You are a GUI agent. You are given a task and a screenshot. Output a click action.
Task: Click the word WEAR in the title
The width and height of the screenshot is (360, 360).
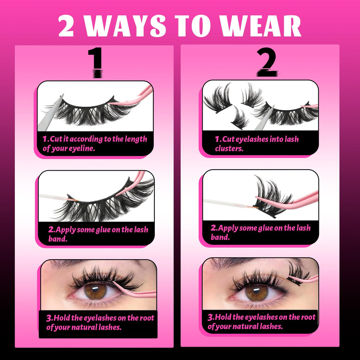point(260,26)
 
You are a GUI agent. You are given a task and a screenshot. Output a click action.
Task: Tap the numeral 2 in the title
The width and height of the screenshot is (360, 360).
point(66,26)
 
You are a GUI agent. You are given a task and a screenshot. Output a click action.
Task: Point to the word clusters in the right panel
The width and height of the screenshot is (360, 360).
point(229,148)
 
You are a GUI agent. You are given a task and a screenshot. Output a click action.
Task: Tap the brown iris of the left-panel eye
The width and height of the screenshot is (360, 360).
point(95,291)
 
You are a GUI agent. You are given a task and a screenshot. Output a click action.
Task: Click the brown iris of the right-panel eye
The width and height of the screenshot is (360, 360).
point(257,292)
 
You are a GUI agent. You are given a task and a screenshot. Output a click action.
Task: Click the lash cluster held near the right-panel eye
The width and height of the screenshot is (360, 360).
point(297,273)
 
